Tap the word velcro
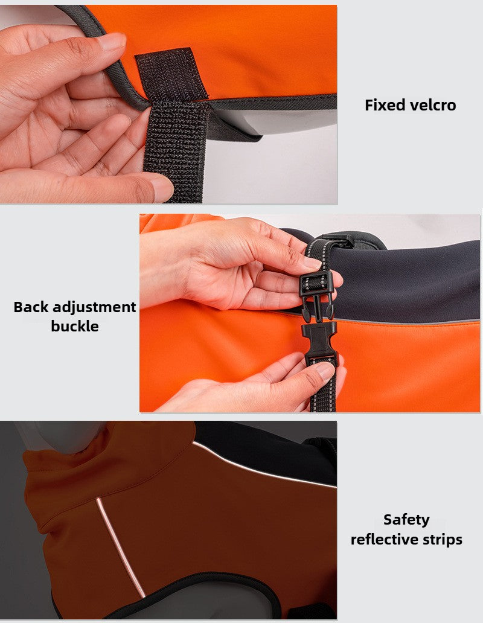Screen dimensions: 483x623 (431, 105)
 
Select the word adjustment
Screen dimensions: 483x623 (94, 307)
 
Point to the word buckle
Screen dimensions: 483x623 (75, 326)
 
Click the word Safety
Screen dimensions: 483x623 (406, 520)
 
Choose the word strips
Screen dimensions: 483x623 (444, 540)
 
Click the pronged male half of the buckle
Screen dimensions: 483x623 (316, 294)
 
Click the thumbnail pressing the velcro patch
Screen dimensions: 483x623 (112, 41)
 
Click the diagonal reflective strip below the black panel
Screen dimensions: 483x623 (264, 465)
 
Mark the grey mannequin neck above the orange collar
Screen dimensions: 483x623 (60, 436)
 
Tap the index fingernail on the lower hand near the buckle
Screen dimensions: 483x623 (325, 371)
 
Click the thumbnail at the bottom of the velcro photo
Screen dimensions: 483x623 (162, 189)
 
